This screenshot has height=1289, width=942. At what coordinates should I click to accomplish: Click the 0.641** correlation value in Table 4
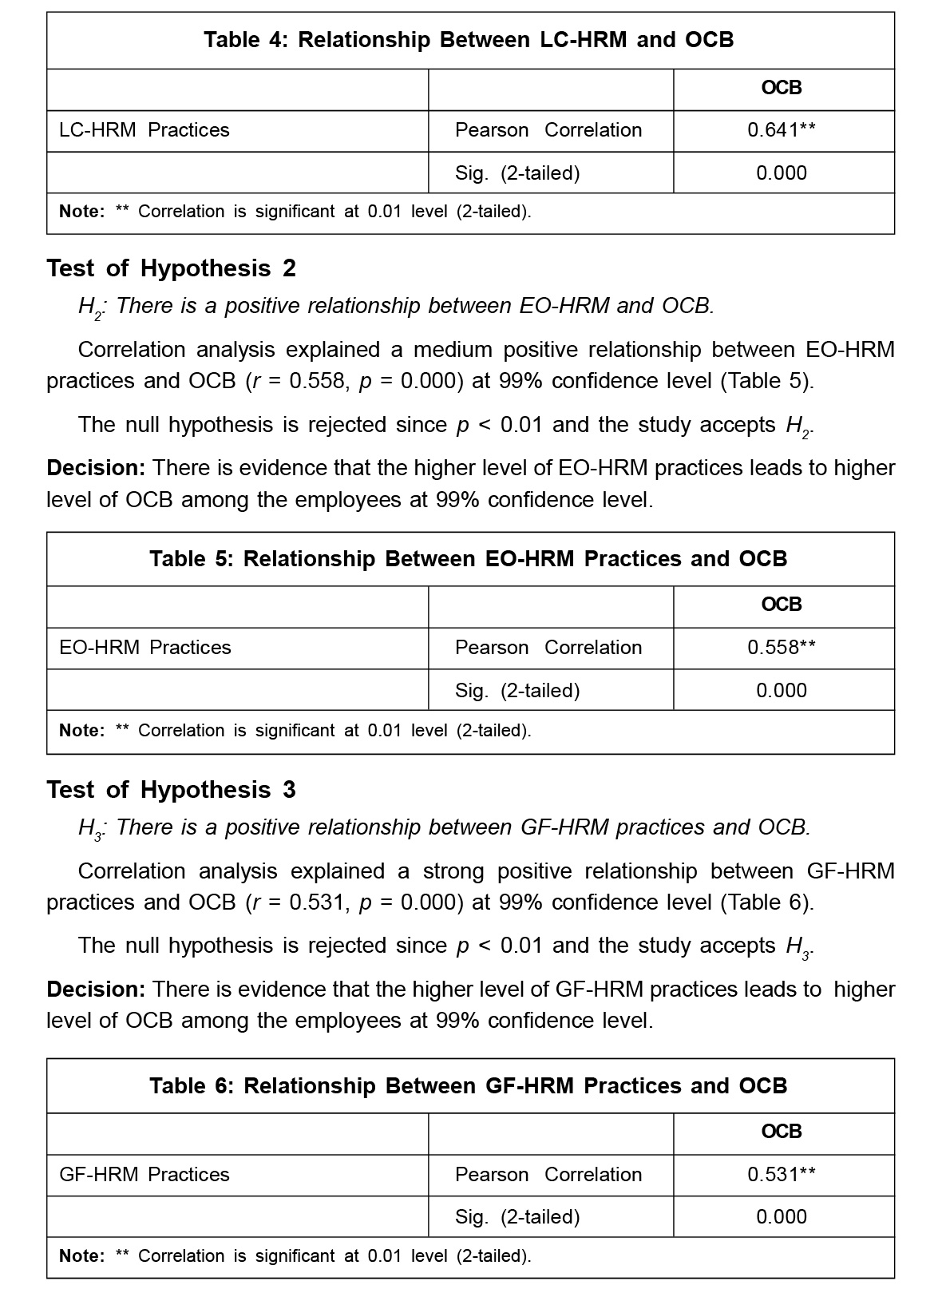pyautogui.click(x=781, y=130)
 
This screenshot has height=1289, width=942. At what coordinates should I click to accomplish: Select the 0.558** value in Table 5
pyautogui.click(x=781, y=648)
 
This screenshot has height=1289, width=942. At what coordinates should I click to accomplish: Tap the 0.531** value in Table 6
pyautogui.click(x=781, y=1175)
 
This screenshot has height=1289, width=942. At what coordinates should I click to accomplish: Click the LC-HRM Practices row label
pyautogui.click(x=144, y=130)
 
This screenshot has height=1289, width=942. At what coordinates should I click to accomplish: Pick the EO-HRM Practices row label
pyautogui.click(x=145, y=648)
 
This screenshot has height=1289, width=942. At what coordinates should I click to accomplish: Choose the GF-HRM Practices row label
pyautogui.click(x=144, y=1175)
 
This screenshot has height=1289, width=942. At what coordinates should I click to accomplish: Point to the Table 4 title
pyautogui.click(x=469, y=40)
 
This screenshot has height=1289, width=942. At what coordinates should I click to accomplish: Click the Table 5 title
pyautogui.click(x=469, y=559)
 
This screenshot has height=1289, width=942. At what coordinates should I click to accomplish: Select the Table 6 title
pyautogui.click(x=469, y=1086)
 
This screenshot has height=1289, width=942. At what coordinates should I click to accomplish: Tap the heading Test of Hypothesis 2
pyautogui.click(x=172, y=268)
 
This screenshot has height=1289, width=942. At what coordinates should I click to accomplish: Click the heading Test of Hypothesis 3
pyautogui.click(x=172, y=790)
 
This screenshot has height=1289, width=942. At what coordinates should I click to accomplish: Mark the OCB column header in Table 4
pyautogui.click(x=781, y=88)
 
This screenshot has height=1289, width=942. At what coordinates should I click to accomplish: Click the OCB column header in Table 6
pyautogui.click(x=781, y=1132)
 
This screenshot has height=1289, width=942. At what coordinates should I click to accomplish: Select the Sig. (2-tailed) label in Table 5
pyautogui.click(x=517, y=691)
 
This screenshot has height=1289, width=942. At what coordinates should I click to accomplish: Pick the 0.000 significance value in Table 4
pyautogui.click(x=781, y=173)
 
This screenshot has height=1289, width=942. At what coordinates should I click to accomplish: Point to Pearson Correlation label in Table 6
pyautogui.click(x=548, y=1175)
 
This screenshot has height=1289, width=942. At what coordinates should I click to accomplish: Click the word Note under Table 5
pyautogui.click(x=81, y=731)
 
